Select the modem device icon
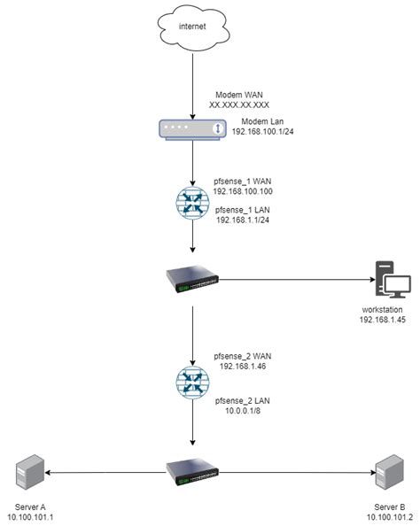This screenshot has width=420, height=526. [x=192, y=130]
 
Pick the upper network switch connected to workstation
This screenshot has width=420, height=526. [x=192, y=280]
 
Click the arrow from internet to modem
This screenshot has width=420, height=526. [x=192, y=89]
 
